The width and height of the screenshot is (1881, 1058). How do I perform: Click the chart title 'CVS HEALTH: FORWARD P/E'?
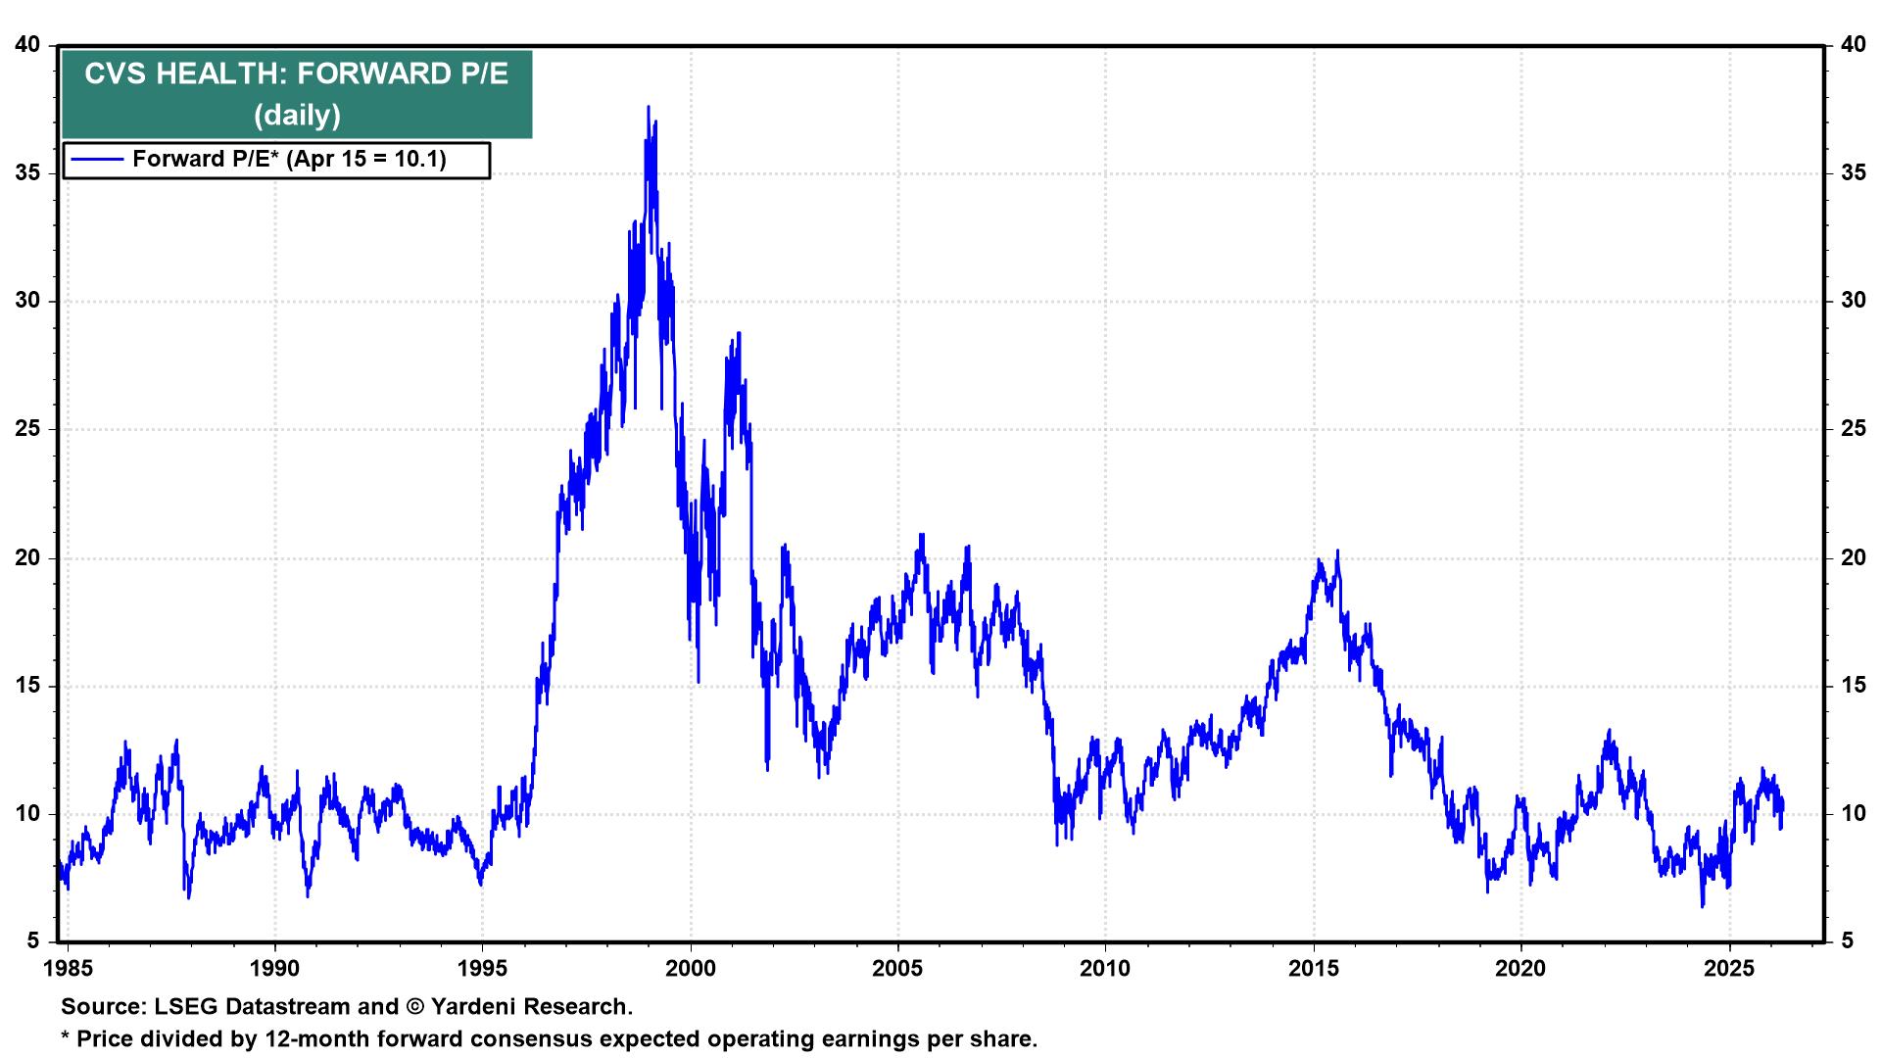pyautogui.click(x=296, y=75)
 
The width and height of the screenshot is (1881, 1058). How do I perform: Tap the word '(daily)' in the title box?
pyautogui.click(x=296, y=116)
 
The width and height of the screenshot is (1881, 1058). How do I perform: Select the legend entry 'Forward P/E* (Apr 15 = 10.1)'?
pyautogui.click(x=289, y=159)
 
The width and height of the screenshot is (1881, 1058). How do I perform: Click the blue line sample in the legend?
pyautogui.click(x=97, y=159)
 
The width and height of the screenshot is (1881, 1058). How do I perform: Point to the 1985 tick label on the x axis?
pyautogui.click(x=68, y=969)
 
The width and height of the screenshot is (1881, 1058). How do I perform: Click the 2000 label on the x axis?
pyautogui.click(x=691, y=969)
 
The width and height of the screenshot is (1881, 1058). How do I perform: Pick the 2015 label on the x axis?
pyautogui.click(x=1314, y=969)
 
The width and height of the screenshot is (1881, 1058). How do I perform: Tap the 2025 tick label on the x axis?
pyautogui.click(x=1729, y=969)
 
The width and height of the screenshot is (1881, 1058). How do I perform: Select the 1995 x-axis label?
pyautogui.click(x=483, y=969)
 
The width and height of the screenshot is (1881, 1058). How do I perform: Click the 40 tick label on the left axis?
pyautogui.click(x=28, y=45)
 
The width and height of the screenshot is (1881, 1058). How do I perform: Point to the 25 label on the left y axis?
pyautogui.click(x=28, y=429)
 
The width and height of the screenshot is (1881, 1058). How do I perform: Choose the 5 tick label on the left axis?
pyautogui.click(x=33, y=941)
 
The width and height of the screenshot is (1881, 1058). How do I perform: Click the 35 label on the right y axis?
pyautogui.click(x=1852, y=173)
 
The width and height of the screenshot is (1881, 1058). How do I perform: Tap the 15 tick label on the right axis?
pyautogui.click(x=1852, y=686)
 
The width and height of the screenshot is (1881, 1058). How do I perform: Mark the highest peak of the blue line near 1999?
pyautogui.click(x=648, y=107)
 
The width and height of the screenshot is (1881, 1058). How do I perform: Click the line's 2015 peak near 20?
pyautogui.click(x=1337, y=552)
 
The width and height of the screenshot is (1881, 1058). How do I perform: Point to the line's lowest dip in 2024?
pyautogui.click(x=1703, y=905)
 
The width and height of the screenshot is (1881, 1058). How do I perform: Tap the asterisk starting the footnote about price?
pyautogui.click(x=66, y=1036)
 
